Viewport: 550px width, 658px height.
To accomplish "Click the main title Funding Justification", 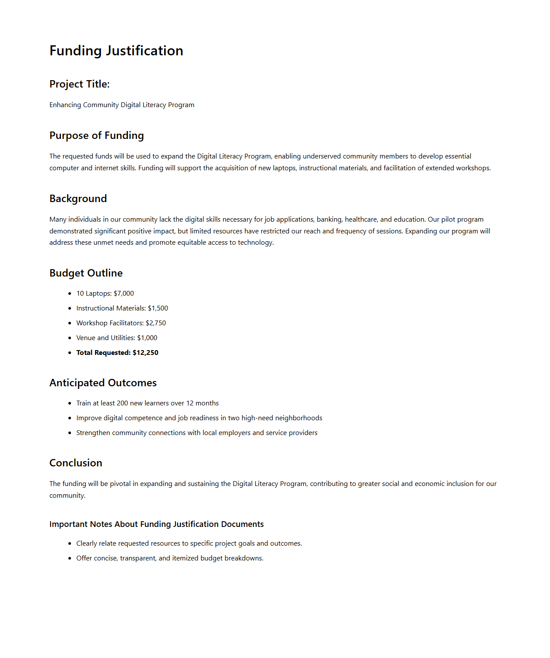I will pos(116,51).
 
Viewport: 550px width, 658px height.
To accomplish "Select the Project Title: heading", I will pos(79,84).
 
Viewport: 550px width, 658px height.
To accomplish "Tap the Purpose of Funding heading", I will pos(96,135).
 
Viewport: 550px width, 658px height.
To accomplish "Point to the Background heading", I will pos(78,199).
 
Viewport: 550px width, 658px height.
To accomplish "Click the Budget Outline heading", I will pos(86,273).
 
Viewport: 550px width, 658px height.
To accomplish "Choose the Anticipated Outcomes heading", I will pos(103,383).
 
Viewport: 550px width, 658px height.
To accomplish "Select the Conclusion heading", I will pos(76,463).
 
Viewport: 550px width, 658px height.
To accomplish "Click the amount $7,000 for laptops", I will pos(124,294).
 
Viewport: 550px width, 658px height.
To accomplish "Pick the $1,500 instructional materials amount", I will pos(158,308).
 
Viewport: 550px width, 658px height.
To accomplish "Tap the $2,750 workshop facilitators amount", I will pos(155,323).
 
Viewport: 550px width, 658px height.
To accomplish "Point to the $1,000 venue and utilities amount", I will pos(147,338).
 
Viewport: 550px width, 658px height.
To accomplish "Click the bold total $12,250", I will pos(145,353).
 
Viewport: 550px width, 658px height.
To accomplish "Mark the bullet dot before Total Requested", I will pos(70,353).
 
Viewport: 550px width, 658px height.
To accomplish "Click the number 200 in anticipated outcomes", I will pos(122,403).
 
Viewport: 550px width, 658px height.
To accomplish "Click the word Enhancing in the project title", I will pos(65,105).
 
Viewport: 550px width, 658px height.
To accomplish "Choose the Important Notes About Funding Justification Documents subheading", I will pos(156,524).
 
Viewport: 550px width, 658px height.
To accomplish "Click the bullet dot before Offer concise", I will pos(70,558).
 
